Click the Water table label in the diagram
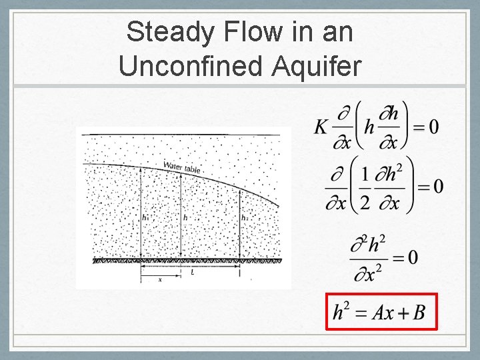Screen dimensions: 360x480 point(182,167)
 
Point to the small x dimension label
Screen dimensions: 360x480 point(160,281)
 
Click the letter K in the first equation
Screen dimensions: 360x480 point(322,127)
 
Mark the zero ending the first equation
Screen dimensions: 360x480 point(433,127)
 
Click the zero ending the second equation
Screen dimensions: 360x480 point(438,186)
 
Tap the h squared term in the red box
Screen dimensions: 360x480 point(342,311)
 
